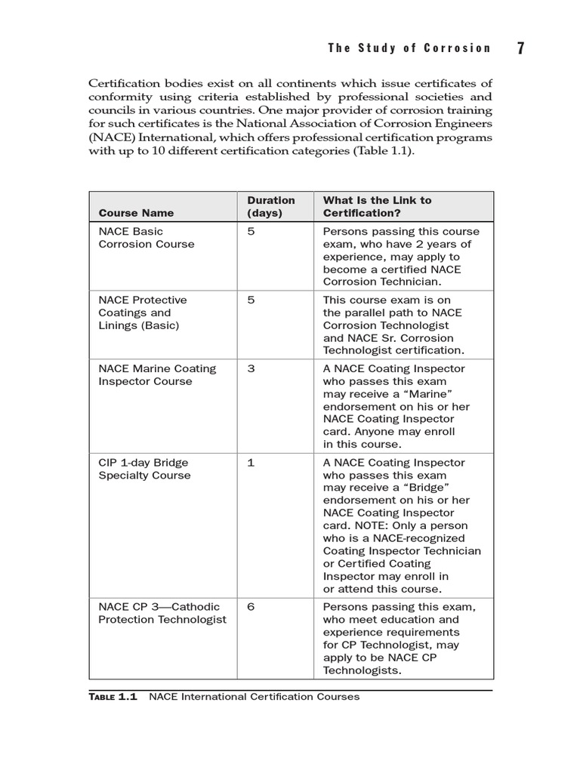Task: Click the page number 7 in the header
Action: click(x=521, y=48)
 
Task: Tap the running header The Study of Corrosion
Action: click(x=409, y=48)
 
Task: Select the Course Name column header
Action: click(x=136, y=213)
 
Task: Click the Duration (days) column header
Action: click(x=271, y=206)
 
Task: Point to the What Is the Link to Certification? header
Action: click(x=378, y=206)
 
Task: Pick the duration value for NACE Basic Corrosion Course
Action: click(x=251, y=231)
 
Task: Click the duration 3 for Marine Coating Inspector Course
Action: click(x=251, y=368)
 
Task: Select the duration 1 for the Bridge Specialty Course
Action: click(x=251, y=462)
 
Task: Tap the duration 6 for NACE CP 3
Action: click(x=251, y=606)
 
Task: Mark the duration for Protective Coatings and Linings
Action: click(x=251, y=300)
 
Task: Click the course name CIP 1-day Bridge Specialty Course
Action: click(x=144, y=469)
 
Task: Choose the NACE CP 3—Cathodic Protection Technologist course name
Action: click(x=162, y=613)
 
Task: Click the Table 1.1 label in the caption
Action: click(x=113, y=697)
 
